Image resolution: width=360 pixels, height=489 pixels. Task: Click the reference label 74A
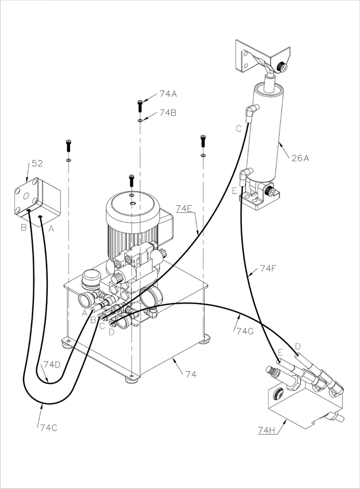pos(168,94)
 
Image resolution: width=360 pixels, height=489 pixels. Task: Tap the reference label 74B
pos(168,113)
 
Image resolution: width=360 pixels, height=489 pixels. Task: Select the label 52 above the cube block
pos(37,164)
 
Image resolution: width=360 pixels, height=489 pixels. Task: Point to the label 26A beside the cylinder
pos(300,158)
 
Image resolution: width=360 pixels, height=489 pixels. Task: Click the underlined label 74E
pos(183,208)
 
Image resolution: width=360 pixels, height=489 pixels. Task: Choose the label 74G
pos(245,331)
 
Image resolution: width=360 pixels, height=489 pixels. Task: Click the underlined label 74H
pos(267,430)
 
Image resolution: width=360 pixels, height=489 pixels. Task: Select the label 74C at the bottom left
pos(48,428)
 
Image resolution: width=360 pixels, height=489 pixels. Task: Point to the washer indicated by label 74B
pos(140,120)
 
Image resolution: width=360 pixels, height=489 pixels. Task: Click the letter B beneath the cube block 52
pos(24,227)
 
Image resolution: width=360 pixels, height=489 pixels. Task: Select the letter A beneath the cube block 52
pos(51,229)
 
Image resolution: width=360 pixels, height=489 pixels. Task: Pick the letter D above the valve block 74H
pos(298,346)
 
